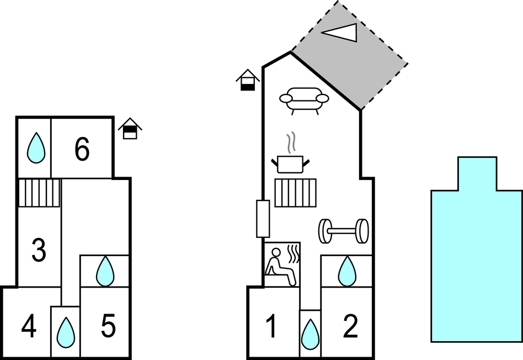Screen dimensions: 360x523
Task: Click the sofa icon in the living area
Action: (x=304, y=100)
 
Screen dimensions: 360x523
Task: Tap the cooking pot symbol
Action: (x=290, y=163)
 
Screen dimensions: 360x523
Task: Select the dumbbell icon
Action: (x=343, y=231)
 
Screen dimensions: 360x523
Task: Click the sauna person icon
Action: (x=281, y=264)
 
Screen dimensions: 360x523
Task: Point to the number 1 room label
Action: (x=271, y=327)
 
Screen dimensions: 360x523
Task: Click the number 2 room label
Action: (x=350, y=327)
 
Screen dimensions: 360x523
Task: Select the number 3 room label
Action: (x=38, y=251)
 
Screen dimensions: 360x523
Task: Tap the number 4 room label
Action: (x=29, y=327)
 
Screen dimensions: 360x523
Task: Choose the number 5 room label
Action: (x=108, y=327)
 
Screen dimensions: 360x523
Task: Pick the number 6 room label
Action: (x=82, y=150)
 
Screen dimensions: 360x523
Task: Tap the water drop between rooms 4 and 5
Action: (x=66, y=332)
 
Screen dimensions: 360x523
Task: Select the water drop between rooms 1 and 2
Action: (x=310, y=334)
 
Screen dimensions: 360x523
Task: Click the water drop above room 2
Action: (x=347, y=271)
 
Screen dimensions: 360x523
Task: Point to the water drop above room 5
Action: (x=105, y=271)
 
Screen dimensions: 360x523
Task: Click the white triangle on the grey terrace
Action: (x=341, y=33)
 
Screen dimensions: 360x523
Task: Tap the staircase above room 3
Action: (x=39, y=193)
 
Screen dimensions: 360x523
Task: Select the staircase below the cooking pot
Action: (x=295, y=193)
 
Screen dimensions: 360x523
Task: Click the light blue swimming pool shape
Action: (x=477, y=260)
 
